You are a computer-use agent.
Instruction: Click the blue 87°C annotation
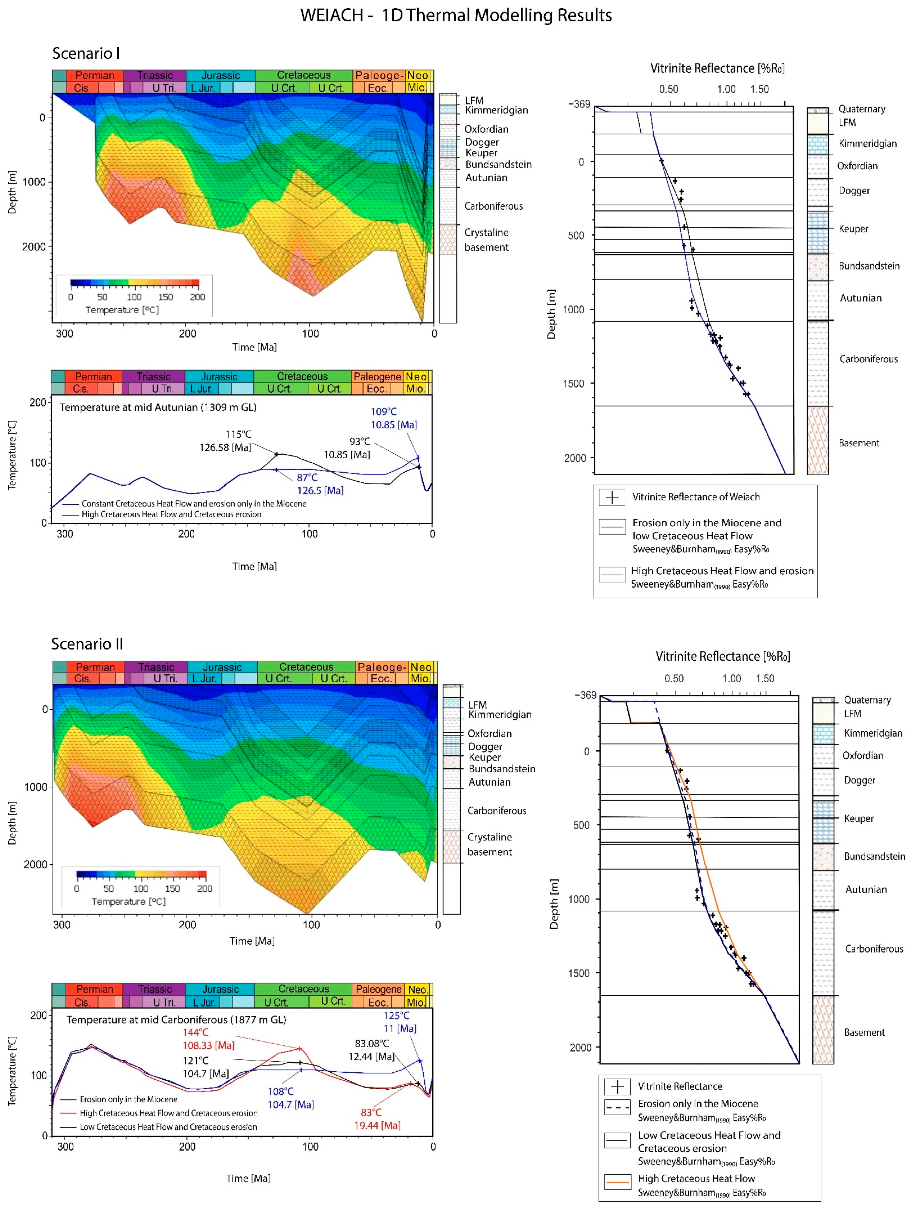point(307,477)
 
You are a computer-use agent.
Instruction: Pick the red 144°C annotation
point(195,1032)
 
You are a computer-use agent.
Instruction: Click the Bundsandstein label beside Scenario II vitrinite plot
point(874,856)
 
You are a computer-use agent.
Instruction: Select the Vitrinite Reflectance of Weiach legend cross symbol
point(612,497)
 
